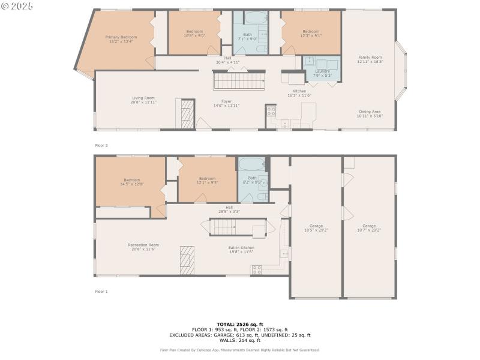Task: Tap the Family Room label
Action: coord(370,59)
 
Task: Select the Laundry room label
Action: coord(323,73)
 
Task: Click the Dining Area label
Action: coord(370,113)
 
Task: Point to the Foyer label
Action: coord(226,103)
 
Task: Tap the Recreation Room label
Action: coord(143,247)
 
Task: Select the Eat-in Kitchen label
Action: coord(241,250)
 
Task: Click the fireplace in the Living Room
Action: coord(187,112)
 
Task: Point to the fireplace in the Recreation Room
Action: coord(187,259)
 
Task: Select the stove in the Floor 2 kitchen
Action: coord(271,111)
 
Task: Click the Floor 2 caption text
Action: coord(101,145)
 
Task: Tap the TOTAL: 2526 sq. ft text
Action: coord(239,324)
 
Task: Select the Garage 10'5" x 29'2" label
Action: coord(316,227)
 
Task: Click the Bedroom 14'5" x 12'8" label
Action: coord(132,181)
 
